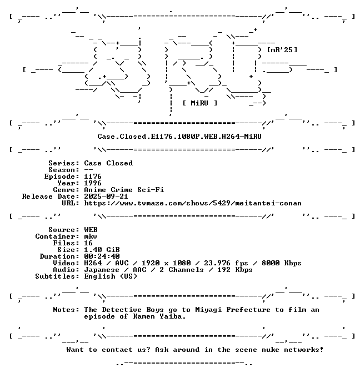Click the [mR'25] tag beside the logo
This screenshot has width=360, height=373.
282,50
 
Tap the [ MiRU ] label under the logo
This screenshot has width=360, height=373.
200,103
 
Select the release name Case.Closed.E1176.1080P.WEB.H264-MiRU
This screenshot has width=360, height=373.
179,137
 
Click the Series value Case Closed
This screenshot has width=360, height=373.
108,163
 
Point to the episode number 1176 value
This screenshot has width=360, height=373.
93,177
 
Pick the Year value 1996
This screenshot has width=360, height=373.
93,183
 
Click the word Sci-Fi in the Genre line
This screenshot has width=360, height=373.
151,190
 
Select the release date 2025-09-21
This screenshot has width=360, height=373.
106,196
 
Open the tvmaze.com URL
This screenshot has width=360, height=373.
193,203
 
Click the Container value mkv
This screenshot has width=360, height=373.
91,236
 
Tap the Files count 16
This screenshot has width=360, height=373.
88,243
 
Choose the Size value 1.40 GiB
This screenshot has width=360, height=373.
102,250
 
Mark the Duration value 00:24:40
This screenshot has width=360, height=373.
102,256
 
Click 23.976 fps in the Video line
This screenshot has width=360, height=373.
226,263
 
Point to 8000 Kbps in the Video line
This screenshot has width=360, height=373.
282,263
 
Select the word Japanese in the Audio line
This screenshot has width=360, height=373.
102,270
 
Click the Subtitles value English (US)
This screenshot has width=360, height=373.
111,276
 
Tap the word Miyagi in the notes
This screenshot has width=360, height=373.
208,310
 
